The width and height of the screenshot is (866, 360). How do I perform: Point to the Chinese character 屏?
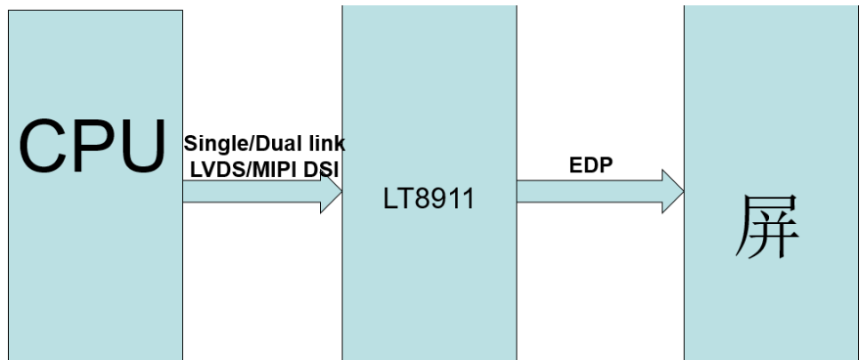[767, 228]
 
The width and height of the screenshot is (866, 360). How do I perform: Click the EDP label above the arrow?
[590, 166]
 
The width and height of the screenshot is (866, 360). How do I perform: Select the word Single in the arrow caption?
[211, 144]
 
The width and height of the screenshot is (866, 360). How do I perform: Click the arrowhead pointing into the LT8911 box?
[332, 191]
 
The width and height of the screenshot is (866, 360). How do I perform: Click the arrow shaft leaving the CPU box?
[249, 191]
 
